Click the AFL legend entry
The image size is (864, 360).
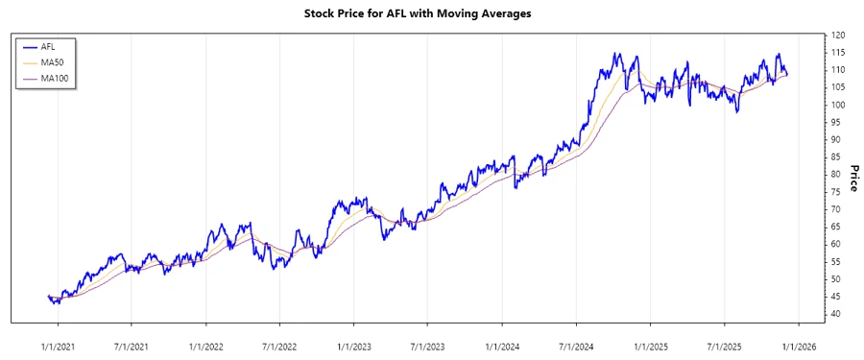tap(47, 46)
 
